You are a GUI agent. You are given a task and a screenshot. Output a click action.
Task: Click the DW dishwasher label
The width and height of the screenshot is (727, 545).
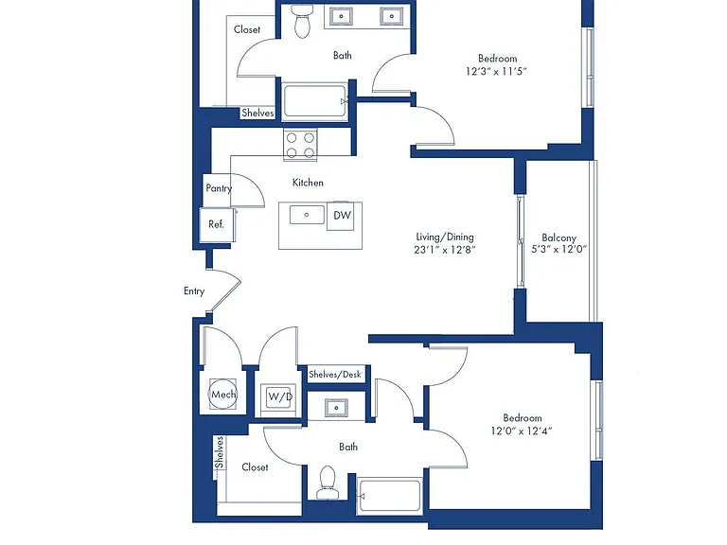342,215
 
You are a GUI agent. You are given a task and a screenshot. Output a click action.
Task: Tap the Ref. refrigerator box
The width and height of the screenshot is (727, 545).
217,225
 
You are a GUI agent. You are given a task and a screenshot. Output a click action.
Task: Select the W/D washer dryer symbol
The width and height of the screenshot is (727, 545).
278,396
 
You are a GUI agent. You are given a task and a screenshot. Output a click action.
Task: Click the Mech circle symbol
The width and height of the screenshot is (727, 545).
223,395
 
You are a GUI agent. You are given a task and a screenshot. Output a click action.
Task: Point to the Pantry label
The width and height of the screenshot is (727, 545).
219,188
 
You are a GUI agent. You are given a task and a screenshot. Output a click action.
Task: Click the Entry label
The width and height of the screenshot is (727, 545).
194,291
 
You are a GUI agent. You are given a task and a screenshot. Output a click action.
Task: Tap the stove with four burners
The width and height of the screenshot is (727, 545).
300,145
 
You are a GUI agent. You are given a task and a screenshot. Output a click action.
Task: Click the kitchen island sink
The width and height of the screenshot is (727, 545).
307,215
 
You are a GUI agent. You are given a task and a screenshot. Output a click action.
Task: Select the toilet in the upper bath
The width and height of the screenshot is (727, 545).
302,22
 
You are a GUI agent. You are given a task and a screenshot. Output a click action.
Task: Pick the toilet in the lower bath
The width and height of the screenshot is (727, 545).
328,482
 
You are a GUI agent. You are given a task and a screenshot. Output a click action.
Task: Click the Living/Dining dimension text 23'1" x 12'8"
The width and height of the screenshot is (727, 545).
445,250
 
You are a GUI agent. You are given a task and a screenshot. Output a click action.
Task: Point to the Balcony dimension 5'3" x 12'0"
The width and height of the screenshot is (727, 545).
559,249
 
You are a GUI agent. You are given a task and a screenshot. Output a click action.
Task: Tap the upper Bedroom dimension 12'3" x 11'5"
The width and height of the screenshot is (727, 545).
497,71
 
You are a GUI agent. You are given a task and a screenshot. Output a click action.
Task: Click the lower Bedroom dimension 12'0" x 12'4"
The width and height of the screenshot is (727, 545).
522,431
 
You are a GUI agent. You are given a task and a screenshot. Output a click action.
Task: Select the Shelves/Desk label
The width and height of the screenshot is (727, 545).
335,375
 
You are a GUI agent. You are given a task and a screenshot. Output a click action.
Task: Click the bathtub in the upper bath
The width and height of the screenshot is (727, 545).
315,100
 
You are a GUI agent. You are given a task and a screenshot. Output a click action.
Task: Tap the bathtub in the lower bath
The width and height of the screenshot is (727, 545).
390,496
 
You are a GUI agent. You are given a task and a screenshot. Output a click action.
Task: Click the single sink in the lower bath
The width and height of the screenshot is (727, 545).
336,409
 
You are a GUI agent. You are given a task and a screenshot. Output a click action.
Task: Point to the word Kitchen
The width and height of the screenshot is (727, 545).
308,183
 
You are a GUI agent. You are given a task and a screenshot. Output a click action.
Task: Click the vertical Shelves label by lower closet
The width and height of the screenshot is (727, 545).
219,452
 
